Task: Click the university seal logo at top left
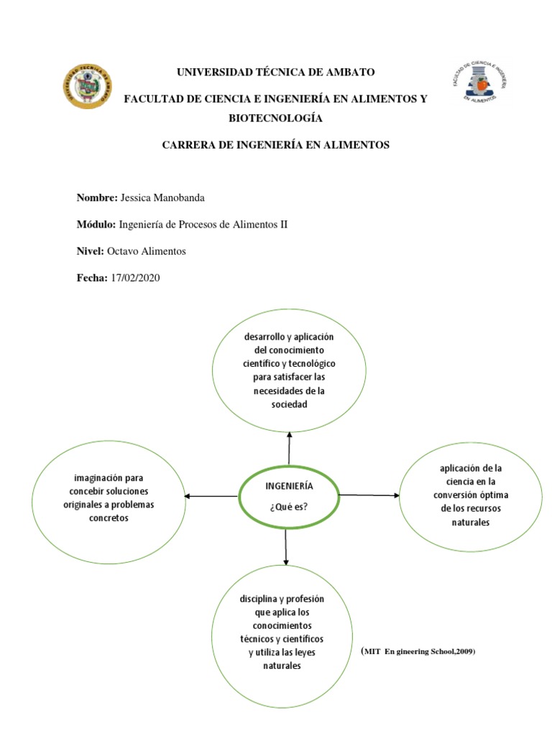coord(86,86)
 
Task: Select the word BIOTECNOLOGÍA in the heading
coord(276,118)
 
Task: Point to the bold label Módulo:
coord(96,225)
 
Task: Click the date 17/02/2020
coord(135,278)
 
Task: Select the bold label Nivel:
coord(91,251)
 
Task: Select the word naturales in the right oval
coord(470,522)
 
